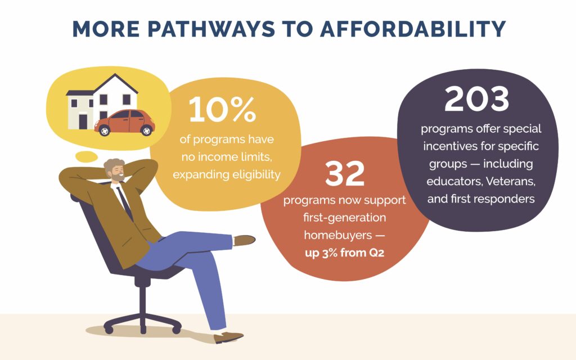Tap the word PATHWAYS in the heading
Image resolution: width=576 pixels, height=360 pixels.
[x=211, y=29]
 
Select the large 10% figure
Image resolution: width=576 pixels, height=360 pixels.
[x=222, y=109]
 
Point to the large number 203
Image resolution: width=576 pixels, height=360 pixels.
[x=476, y=99]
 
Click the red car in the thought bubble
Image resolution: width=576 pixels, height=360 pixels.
[x=124, y=122]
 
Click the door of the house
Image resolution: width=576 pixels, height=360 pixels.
[x=83, y=121]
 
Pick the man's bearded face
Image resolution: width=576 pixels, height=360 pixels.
[x=117, y=172]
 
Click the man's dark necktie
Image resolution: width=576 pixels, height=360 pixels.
[x=125, y=202]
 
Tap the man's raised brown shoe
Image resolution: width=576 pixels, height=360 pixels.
[x=244, y=240]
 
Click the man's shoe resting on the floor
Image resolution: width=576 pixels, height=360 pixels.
[x=228, y=337]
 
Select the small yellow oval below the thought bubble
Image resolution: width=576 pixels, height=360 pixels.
[x=87, y=157]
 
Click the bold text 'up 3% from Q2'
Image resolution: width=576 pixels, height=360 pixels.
[x=345, y=253]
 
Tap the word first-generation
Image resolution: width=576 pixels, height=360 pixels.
[x=345, y=218]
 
